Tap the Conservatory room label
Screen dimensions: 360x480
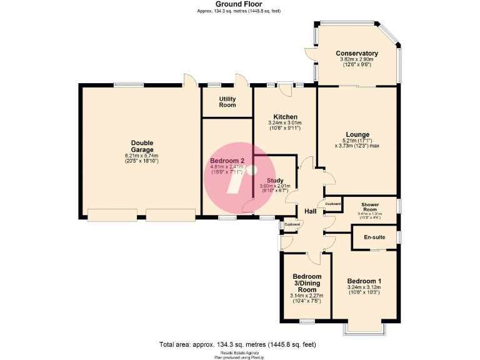[356, 53]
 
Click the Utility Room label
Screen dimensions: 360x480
[227, 101]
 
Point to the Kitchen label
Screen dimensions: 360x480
[285, 117]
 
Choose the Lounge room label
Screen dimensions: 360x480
[356, 134]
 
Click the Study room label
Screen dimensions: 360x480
[275, 181]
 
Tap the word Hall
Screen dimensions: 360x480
[309, 211]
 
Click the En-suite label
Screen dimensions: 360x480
[374, 237]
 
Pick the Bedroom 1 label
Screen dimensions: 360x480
[364, 281]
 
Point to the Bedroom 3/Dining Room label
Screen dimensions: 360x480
[306, 283]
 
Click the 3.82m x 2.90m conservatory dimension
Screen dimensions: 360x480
[356, 59]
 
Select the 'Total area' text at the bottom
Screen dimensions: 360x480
[238, 344]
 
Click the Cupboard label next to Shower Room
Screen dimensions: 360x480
[332, 204]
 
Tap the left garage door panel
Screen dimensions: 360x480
[112, 215]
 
